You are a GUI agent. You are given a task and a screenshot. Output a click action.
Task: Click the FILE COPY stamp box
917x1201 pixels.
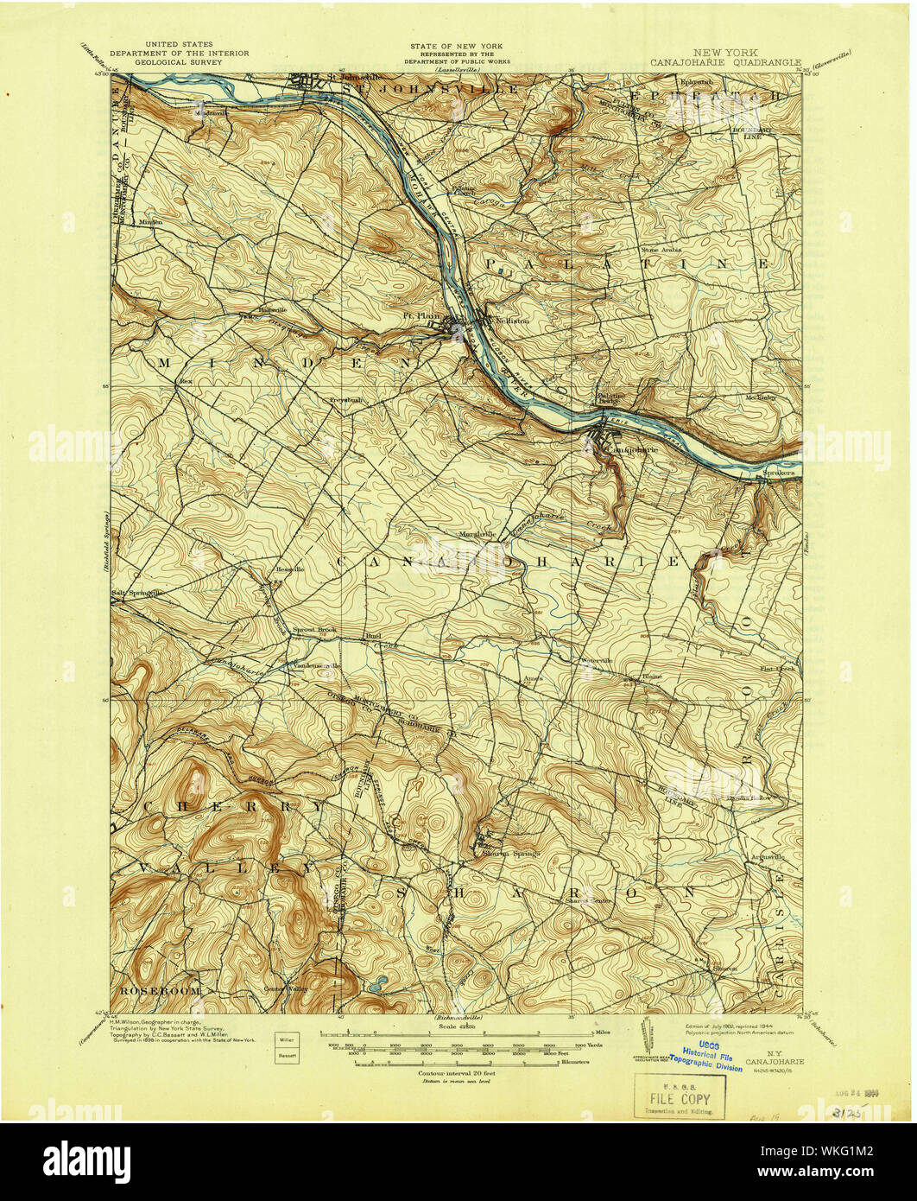click(x=680, y=1096)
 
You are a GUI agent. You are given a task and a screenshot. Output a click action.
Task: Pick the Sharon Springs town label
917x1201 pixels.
click(x=509, y=853)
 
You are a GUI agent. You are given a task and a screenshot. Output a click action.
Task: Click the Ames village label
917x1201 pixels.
click(x=532, y=679)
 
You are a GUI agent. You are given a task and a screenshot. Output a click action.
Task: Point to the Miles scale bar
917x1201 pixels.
click(x=458, y=1033)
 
